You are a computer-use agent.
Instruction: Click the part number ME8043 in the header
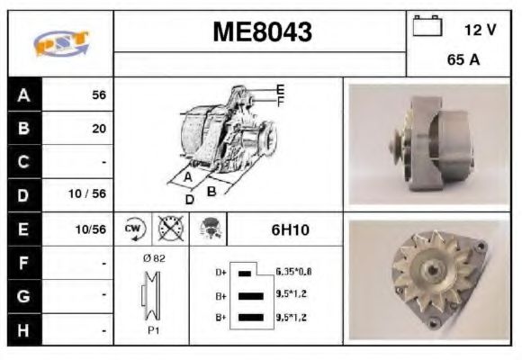[262, 32]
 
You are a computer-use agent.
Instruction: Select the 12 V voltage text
[480, 30]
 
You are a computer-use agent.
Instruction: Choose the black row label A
[24, 94]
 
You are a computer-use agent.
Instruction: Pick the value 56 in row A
[98, 94]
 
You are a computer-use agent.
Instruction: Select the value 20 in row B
[98, 129]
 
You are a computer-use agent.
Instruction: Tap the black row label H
[24, 330]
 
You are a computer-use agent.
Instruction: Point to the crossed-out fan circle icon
[170, 229]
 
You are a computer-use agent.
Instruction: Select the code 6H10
[290, 229]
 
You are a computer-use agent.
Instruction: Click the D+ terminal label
[220, 271]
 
